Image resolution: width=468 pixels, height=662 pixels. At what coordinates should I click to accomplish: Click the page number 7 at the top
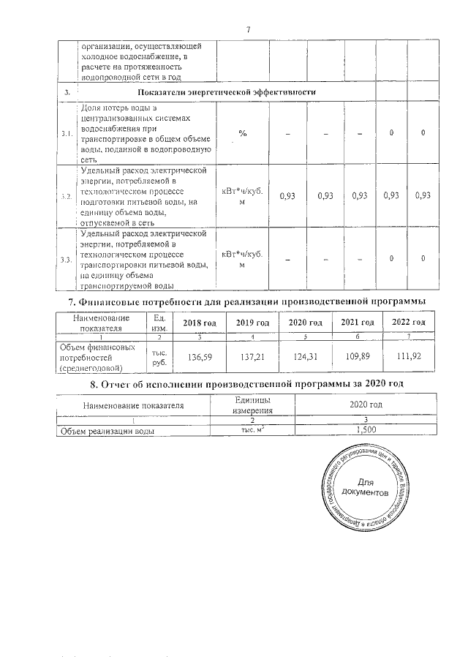click(x=249, y=29)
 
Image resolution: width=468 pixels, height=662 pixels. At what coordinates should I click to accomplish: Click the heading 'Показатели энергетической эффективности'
click(x=226, y=92)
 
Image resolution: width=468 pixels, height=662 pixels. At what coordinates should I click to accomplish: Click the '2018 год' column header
click(x=199, y=323)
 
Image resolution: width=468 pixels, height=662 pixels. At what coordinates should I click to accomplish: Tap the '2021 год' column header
click(x=358, y=323)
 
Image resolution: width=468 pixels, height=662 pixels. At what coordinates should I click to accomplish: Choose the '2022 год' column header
click(x=409, y=323)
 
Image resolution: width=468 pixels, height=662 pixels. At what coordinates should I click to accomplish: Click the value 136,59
click(x=199, y=357)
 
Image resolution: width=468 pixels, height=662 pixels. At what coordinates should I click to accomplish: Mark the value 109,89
click(x=358, y=357)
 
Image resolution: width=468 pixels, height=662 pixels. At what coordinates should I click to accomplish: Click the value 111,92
click(x=409, y=357)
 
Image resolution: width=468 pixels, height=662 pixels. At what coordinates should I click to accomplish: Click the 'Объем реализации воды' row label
click(x=107, y=432)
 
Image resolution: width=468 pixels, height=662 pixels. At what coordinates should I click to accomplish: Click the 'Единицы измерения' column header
click(x=252, y=405)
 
